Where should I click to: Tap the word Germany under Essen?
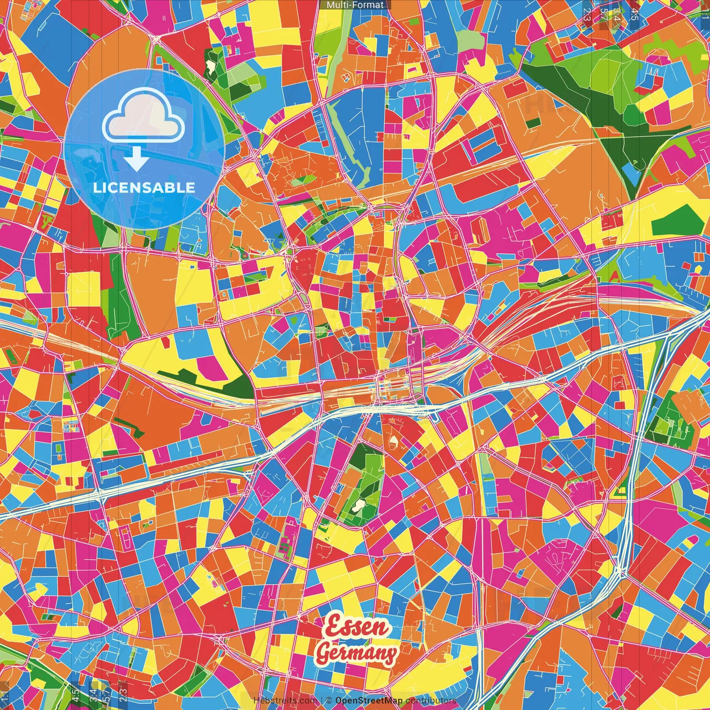click(x=356, y=653)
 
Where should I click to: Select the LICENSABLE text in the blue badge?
click(x=144, y=187)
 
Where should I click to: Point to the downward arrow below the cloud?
click(x=136, y=160)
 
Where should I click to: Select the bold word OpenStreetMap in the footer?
click(x=369, y=701)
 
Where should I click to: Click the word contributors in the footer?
click(x=431, y=701)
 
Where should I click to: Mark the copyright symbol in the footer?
click(x=329, y=701)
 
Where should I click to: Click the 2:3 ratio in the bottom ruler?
click(x=123, y=693)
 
